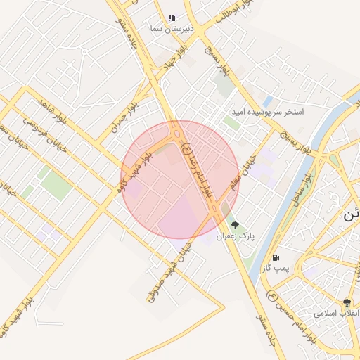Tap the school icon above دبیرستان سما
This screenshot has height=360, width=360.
[x=172, y=18]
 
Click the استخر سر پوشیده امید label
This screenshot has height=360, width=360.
[x=269, y=112]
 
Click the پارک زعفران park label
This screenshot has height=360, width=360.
[x=235, y=237]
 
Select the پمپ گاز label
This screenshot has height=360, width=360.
[x=276, y=269]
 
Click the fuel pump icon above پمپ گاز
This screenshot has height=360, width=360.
[x=276, y=257]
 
